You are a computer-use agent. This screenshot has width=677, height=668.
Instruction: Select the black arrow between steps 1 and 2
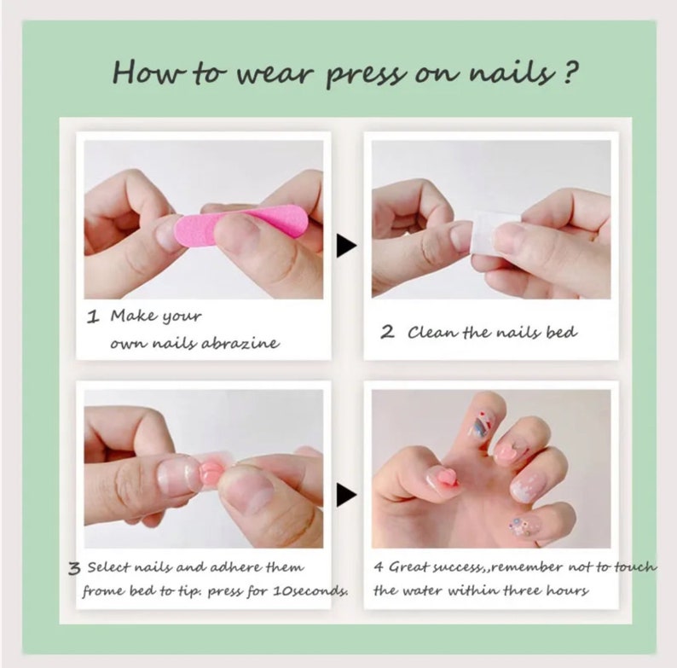(x=345, y=247)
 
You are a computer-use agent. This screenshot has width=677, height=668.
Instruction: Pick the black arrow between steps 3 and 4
(x=345, y=494)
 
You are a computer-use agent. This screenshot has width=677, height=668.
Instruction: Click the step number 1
(x=94, y=317)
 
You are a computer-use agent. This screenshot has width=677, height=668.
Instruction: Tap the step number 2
(x=387, y=332)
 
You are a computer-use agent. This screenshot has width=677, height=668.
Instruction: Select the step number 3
(x=74, y=567)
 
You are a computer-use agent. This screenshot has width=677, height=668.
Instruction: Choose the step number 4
(x=378, y=566)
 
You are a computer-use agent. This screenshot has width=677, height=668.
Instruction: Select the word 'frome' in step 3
(x=101, y=591)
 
